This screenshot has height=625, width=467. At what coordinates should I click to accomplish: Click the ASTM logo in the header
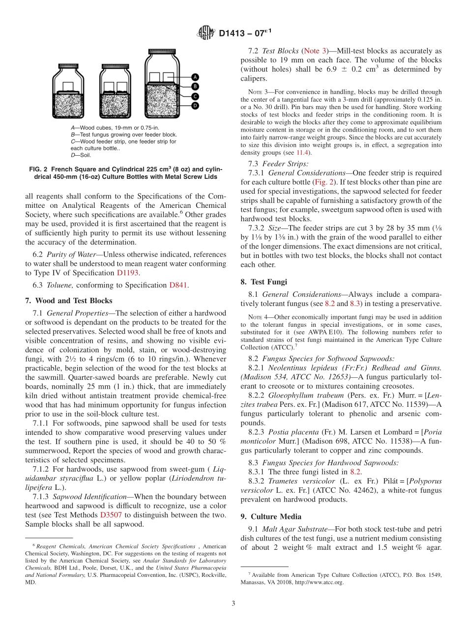pos(205,33)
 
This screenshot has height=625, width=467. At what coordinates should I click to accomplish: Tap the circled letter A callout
pos(195,77)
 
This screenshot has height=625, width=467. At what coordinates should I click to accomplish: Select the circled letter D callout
pos(195,105)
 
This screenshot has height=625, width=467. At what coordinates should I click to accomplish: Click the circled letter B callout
pos(195,86)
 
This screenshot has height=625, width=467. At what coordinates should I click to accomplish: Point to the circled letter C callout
pos(195,96)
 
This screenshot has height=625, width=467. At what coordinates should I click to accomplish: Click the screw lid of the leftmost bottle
pos(71,66)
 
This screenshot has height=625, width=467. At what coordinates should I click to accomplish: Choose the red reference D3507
pos(111,515)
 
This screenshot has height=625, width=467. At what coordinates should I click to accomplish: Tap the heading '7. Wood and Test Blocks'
pos(68,301)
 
